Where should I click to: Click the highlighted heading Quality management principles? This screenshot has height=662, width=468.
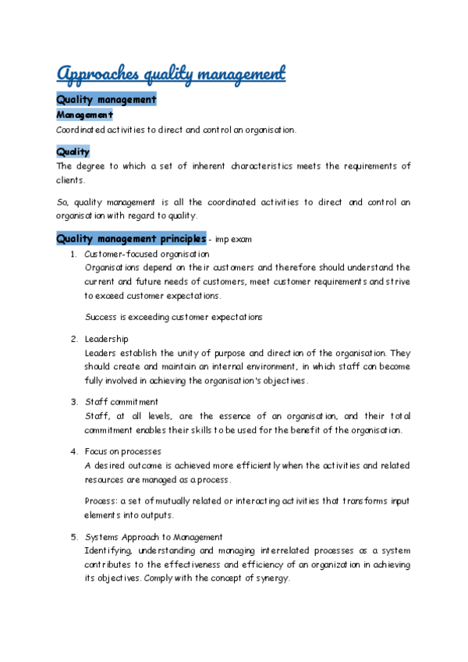coord(131,238)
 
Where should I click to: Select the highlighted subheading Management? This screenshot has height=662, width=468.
coord(84,115)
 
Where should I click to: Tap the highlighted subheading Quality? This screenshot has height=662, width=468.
coord(73,151)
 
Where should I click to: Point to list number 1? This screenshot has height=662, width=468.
coord(73,254)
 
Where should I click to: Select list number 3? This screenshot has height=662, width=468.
coord(73,402)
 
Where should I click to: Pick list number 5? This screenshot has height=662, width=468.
coord(73,537)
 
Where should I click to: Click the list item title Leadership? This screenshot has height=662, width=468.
coord(107,339)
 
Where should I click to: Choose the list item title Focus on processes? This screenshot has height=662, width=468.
coord(123,451)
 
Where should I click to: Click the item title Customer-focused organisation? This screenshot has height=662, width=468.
coord(147,254)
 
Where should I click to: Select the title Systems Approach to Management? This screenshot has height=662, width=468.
coord(154,537)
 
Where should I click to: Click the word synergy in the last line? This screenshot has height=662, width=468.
coord(271,578)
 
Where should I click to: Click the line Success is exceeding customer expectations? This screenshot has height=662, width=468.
coord(173,317)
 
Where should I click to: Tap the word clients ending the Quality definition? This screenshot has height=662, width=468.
coord(69,180)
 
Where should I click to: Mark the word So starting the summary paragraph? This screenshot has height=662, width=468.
coord(62,202)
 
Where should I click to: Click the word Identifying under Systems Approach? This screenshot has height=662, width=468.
coord(110,551)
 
